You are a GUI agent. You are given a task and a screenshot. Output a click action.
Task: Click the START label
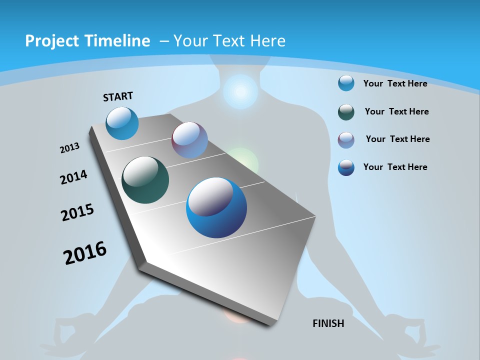coord(118,96)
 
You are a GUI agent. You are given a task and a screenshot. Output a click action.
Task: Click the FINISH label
coord(328,323)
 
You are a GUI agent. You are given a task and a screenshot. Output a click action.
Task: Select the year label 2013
coord(70,148)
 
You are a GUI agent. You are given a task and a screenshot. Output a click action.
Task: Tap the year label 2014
coord(74,177)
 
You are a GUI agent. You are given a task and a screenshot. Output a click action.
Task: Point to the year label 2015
coord(77,212)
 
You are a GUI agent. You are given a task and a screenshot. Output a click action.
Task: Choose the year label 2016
coord(85,253)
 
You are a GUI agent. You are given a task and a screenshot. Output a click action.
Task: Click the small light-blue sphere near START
coord(122,123)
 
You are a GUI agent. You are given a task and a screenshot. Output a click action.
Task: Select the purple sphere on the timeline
coord(189,140)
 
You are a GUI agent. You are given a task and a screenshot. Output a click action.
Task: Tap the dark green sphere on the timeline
coord(145,180)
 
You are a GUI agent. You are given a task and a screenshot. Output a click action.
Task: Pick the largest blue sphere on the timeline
coord(216,207)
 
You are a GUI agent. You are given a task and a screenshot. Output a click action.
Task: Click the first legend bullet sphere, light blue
coord(346,83)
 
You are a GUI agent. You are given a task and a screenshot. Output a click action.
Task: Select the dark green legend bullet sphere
coord(346,112)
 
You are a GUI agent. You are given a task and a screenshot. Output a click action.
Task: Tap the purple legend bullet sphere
coord(346,140)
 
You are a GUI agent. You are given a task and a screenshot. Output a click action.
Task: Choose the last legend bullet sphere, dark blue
coord(346,167)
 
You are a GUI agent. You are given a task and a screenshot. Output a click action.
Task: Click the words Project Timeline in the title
coord(87,41)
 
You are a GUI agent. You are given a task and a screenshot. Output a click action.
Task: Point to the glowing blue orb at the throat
coord(240,92)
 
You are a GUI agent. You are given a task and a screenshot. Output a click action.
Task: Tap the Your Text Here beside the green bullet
coord(396,111)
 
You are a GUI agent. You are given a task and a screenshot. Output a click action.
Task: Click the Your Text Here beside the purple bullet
coord(397,139)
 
